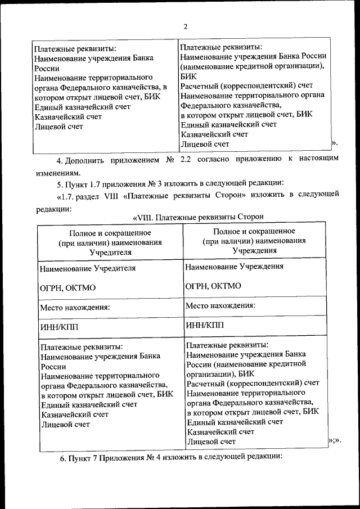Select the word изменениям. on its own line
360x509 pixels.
(56, 173)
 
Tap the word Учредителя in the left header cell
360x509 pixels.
(110, 253)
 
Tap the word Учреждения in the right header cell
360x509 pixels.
(254, 251)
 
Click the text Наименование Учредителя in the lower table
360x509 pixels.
(87, 268)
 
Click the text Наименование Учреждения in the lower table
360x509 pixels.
(234, 267)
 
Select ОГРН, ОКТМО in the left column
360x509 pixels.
(67, 287)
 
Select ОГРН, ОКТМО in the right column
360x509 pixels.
(213, 286)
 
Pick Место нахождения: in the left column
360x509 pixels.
(74, 307)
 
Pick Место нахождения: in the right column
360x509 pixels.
(220, 305)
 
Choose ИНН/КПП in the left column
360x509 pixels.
(61, 327)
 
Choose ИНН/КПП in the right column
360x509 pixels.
(204, 325)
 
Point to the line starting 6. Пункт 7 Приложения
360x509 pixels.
(171, 457)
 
